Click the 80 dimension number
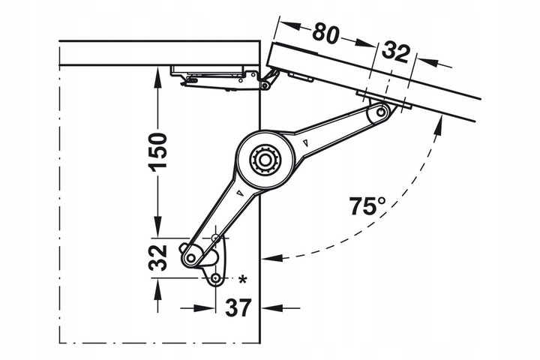[325, 33]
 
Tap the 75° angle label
[367, 205]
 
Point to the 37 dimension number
[238, 307]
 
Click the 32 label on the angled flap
[396, 52]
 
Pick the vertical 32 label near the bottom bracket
[157, 258]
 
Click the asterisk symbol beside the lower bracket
[243, 280]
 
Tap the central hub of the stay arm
[265, 160]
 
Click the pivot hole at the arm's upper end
[380, 112]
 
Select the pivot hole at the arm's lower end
[190, 257]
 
